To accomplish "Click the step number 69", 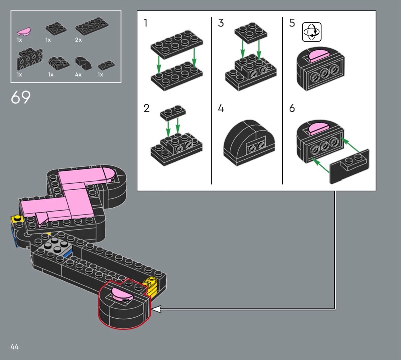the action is pos(21,97).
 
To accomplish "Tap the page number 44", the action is pos(15,347).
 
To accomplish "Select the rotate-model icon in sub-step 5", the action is pos(312,32).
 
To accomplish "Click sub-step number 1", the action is pos(145,23).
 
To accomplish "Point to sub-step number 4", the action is pos(221,108).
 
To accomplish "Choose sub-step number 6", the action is pos(292,108).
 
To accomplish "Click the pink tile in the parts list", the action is pos(23,31).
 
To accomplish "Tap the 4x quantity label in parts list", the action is pos(78,74).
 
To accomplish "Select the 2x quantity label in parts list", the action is pos(78,40).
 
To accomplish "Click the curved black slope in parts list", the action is pos(83,63).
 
